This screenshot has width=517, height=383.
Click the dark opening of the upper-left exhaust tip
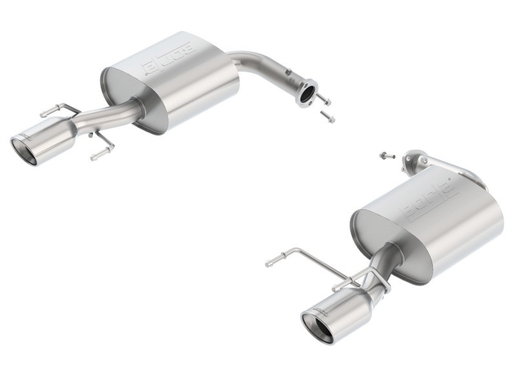pos(25,147)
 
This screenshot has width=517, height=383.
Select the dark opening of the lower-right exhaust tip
pos(317,327)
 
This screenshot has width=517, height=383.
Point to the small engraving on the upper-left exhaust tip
pos(26,134)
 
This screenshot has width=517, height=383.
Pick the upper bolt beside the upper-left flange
pos(324,101)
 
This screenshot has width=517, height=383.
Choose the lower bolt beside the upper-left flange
pos(328,118)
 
